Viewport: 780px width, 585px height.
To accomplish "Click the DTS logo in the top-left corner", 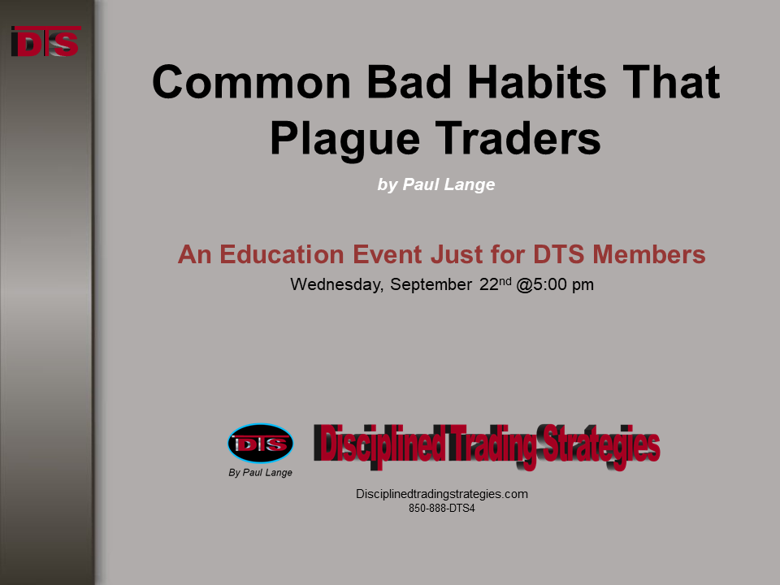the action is [x=45, y=41].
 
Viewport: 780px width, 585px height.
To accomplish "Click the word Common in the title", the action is [x=252, y=82].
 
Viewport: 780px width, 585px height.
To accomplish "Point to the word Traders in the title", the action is [x=518, y=138].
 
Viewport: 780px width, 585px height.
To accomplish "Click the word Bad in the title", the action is [x=409, y=82].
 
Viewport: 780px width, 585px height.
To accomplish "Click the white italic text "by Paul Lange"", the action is [x=435, y=184].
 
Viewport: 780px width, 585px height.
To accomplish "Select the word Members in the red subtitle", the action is [x=648, y=254].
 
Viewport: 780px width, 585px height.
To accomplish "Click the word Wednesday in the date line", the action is [x=336, y=284].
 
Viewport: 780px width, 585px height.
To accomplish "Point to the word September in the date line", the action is [x=431, y=285].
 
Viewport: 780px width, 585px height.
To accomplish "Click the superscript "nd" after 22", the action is [x=505, y=281].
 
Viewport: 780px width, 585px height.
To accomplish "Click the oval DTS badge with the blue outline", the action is [x=260, y=444].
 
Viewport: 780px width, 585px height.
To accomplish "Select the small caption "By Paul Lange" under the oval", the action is [x=260, y=473].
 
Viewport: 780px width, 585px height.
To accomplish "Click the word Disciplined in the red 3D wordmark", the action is [x=379, y=444].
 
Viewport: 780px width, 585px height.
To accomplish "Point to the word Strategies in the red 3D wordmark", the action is [x=600, y=446].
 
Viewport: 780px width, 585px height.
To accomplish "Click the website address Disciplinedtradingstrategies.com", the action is [x=442, y=494].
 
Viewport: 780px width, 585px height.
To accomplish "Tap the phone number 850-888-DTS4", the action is [x=442, y=509].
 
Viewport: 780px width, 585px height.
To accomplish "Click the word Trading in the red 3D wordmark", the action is [x=492, y=446].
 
